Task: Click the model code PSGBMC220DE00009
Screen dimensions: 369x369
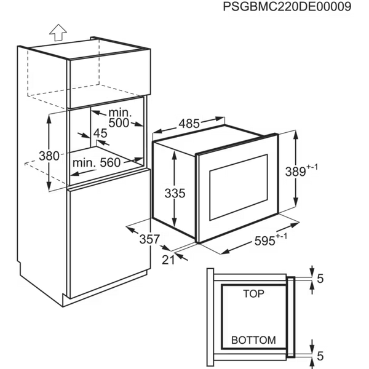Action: coord(287,7)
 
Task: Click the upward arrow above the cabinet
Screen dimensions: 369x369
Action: coord(58,33)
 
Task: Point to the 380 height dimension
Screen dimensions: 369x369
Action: coord(49,156)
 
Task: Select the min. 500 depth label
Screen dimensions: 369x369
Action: coord(119,118)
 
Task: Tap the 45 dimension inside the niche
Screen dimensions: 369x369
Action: coord(100,133)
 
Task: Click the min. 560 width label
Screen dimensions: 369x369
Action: coord(97,162)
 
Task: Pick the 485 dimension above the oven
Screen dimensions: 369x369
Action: coord(189,124)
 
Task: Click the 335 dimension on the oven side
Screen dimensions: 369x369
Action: coord(175,194)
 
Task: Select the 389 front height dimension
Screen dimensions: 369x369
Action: coord(295,172)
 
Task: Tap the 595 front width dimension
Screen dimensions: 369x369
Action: coord(264,241)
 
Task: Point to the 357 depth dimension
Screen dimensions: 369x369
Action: coord(149,239)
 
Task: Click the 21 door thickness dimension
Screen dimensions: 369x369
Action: coord(169,260)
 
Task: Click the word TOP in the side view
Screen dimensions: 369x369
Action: coord(253,294)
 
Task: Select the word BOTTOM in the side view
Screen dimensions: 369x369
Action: coord(253,340)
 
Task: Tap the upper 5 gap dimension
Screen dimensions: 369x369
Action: coord(320,279)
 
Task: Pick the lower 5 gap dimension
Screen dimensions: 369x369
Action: coord(320,356)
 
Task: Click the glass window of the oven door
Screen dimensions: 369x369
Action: coord(239,188)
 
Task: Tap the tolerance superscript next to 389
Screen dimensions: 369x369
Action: coord(312,167)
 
